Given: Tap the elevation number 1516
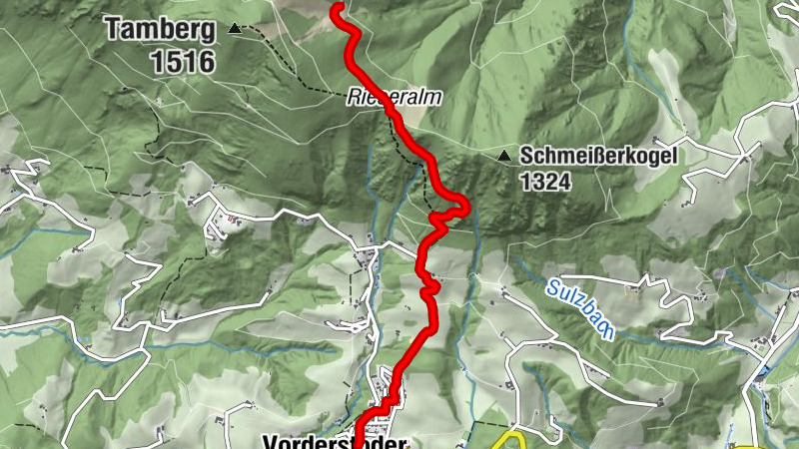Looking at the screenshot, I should (x=183, y=62).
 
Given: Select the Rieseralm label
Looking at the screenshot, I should (x=395, y=99).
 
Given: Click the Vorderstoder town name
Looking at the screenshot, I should (x=335, y=442).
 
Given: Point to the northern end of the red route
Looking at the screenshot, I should (x=338, y=8).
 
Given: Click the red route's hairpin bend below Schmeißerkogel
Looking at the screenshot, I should (x=461, y=208).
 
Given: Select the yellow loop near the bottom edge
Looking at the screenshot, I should (x=511, y=442).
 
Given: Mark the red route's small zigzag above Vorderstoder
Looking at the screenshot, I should (x=430, y=292).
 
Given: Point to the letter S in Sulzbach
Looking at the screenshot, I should (x=553, y=288).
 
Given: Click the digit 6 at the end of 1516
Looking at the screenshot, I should (x=206, y=62).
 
